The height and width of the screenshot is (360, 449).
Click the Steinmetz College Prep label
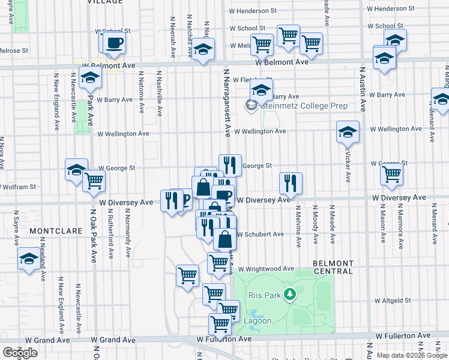[x=303, y=106]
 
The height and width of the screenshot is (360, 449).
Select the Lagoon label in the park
[x=258, y=321]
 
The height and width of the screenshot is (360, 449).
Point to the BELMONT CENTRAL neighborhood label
[x=333, y=267]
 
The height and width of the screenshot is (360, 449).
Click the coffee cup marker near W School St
[x=114, y=43]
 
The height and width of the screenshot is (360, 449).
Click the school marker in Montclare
[x=28, y=259]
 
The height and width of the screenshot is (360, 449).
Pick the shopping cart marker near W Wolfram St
[x=94, y=181]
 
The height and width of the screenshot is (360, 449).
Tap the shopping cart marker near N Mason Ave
[x=391, y=175]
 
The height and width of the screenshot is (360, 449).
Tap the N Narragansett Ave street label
[x=228, y=102]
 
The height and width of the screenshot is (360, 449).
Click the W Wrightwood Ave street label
[x=266, y=269]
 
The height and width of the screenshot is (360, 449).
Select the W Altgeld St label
[x=393, y=300]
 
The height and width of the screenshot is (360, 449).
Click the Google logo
[x=20, y=353]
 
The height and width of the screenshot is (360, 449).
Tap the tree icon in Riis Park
[x=290, y=293]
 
